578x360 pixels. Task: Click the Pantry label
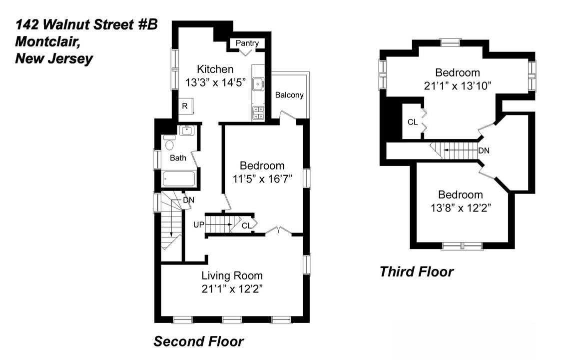(247, 43)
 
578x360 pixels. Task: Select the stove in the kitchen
(258, 113)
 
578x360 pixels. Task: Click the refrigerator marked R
(185, 106)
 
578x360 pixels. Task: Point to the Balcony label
(289, 95)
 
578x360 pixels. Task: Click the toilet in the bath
(169, 144)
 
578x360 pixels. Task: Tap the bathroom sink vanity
(187, 131)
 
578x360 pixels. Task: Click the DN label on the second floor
(188, 200)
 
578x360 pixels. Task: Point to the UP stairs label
(199, 224)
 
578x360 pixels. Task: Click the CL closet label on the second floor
(246, 225)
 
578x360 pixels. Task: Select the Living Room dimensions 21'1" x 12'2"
(232, 288)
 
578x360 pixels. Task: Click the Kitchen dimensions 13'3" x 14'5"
(216, 82)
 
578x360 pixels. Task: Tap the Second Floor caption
(198, 341)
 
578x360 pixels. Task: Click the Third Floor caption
(416, 271)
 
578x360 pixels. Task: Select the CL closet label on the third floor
(413, 121)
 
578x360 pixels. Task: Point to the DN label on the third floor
(483, 150)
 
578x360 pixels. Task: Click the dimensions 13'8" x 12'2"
(460, 207)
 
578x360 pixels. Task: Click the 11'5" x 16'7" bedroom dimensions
(262, 178)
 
